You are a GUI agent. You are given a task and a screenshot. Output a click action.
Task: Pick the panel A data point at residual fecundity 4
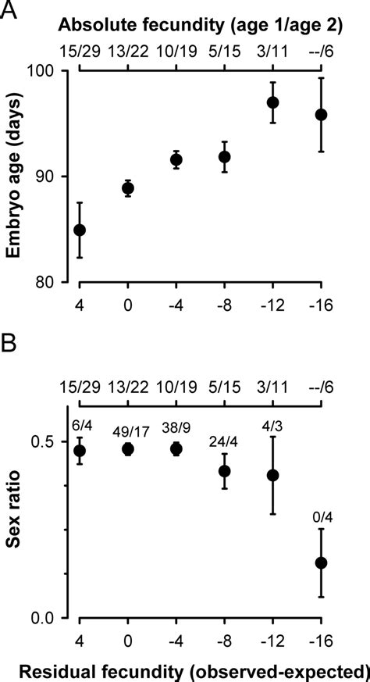pos(80,230)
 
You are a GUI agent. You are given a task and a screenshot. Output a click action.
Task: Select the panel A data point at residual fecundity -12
pos(272,102)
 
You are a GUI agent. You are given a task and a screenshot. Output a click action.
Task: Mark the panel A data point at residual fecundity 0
pos(128,188)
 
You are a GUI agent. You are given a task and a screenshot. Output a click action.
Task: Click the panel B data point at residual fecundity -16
pos(321,562)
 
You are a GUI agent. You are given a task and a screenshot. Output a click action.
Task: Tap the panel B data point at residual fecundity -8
pos(225,471)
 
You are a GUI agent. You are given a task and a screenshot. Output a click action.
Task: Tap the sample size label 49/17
pos(128,427)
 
